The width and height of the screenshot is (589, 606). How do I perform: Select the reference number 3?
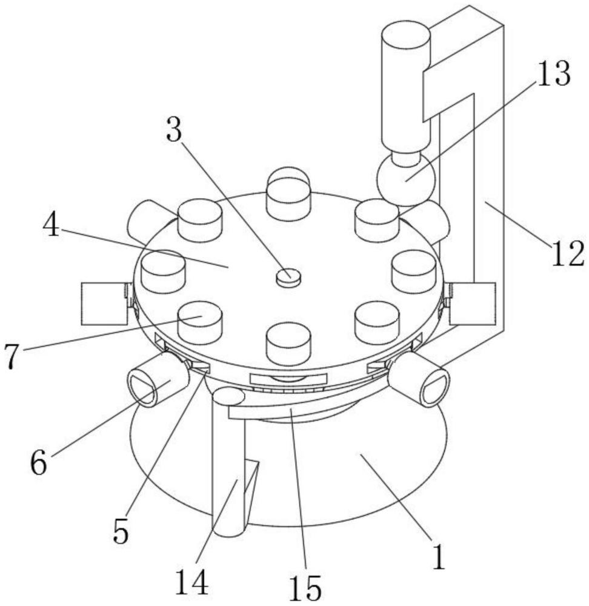pyautogui.click(x=174, y=130)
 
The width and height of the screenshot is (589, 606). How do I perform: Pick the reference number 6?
pyautogui.click(x=39, y=462)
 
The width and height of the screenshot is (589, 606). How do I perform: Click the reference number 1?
pyautogui.click(x=438, y=556)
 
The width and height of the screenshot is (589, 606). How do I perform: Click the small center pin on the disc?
pyautogui.click(x=288, y=278)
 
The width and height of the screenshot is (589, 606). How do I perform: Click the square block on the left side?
pyautogui.click(x=104, y=304)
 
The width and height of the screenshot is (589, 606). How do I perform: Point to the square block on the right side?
pyautogui.click(x=472, y=304)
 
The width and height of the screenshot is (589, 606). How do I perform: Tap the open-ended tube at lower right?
pyautogui.click(x=419, y=381)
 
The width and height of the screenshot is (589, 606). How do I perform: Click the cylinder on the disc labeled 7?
pyautogui.click(x=200, y=323)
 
